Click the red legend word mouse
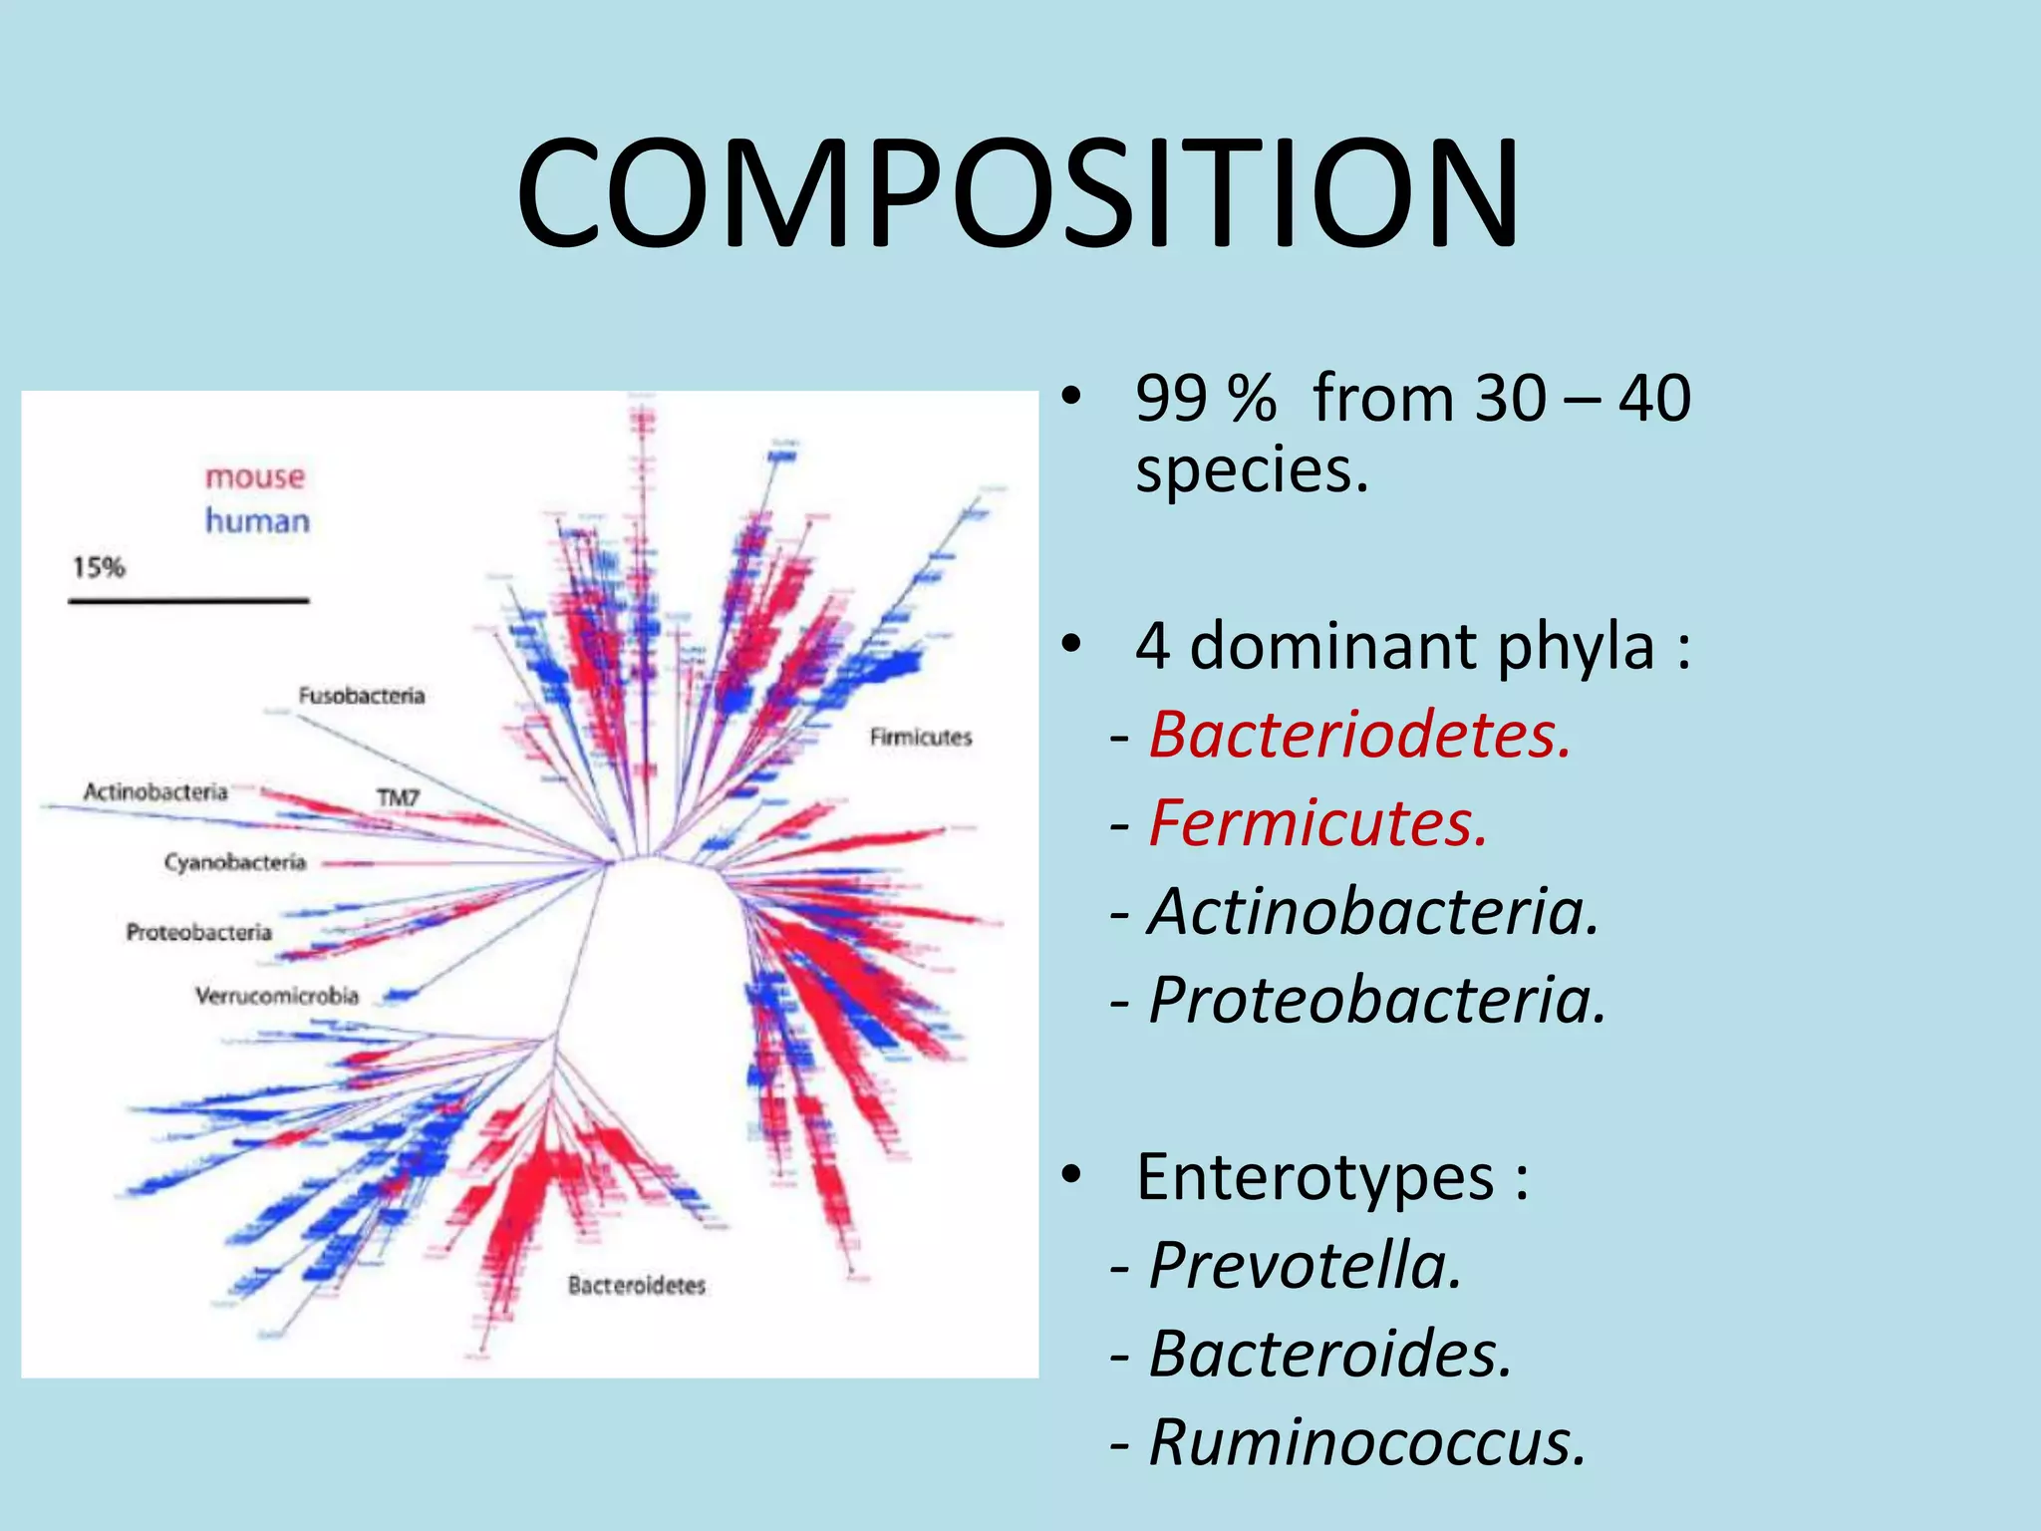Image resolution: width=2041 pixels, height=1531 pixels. (x=255, y=476)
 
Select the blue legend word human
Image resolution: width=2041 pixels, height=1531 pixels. (x=257, y=520)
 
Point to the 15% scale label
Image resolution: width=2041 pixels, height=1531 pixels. (x=99, y=567)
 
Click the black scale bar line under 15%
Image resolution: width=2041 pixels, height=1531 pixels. (x=188, y=600)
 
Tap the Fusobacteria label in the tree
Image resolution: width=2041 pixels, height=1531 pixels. (x=362, y=696)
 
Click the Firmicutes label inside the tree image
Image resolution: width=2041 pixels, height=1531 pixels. (x=920, y=738)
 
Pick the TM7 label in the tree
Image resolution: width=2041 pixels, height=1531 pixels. (x=398, y=797)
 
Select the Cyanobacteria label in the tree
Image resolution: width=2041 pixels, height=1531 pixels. (x=235, y=861)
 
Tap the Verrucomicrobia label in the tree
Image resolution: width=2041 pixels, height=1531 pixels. (x=276, y=995)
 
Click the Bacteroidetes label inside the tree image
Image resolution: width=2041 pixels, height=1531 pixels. (x=637, y=1286)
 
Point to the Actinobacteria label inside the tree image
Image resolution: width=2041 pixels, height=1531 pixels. (x=155, y=791)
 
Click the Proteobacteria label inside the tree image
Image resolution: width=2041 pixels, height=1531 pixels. (x=198, y=932)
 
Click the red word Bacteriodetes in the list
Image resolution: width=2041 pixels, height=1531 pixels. (x=1359, y=736)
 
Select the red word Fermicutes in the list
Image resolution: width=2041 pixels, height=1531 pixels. (x=1317, y=823)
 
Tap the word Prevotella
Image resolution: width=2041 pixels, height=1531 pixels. (x=1305, y=1266)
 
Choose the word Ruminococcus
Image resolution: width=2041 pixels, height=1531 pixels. (x=1366, y=1441)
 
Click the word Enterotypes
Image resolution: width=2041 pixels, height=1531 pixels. (x=1315, y=1177)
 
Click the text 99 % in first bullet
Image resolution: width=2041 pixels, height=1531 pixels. (x=1205, y=399)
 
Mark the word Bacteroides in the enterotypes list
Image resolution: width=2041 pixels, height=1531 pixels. (x=1330, y=1354)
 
